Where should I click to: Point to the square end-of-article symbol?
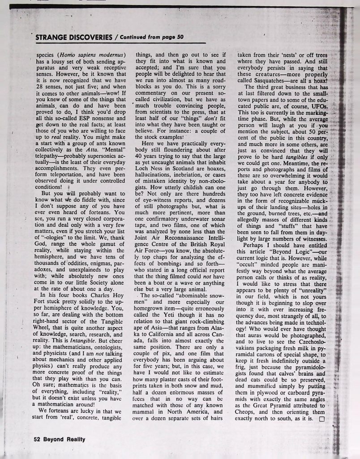point(320,419)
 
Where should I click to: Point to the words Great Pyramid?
point(270,405)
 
